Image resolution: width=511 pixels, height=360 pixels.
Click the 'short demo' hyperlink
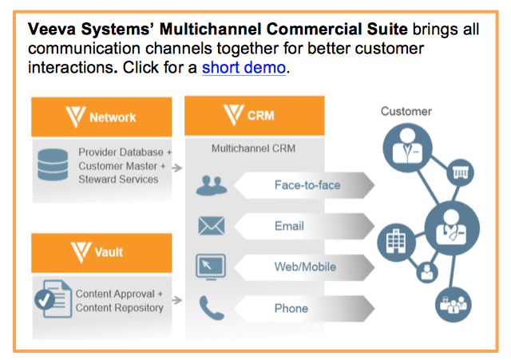pyautogui.click(x=243, y=68)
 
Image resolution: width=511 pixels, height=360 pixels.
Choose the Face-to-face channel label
pyautogui.click(x=307, y=185)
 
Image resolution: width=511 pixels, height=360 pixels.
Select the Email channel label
pyautogui.click(x=289, y=226)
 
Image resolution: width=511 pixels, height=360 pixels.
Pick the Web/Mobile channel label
pyautogui.click(x=305, y=267)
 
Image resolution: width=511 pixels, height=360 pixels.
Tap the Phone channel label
pyautogui.click(x=291, y=308)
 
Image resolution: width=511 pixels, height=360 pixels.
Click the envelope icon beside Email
pyautogui.click(x=212, y=226)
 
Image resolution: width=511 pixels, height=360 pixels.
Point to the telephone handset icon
pyautogui.click(x=211, y=307)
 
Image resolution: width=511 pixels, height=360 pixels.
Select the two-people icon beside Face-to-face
pyautogui.click(x=212, y=185)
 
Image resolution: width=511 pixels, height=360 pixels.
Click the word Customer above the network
pyautogui.click(x=406, y=112)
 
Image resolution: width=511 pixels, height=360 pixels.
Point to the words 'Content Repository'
pyautogui.click(x=120, y=308)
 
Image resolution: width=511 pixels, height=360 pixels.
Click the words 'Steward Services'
pyautogui.click(x=118, y=179)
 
